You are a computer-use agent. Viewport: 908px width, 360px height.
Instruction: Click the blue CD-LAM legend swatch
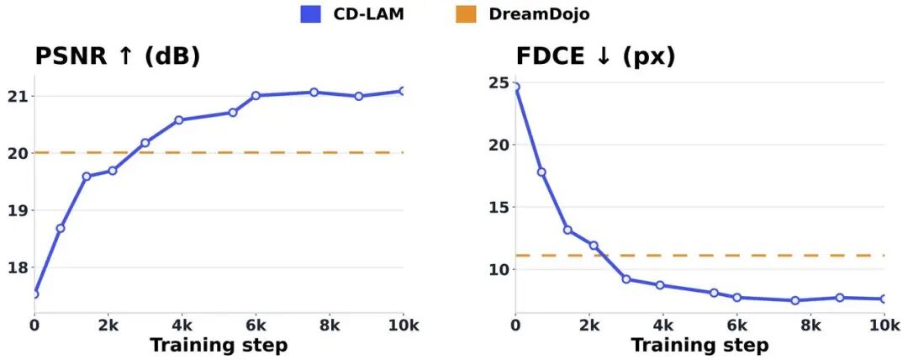[310, 14]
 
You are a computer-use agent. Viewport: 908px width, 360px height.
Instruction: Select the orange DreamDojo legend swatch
[466, 14]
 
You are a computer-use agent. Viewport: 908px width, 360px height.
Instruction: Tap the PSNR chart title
[117, 56]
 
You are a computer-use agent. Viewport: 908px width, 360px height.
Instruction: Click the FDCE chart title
[595, 56]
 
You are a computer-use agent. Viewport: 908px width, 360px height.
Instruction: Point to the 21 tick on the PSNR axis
[18, 96]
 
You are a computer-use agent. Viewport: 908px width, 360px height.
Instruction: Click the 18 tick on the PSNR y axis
[18, 267]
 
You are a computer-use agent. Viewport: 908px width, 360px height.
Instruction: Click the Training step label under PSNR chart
[219, 346]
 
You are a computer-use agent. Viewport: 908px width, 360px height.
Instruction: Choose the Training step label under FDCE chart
[699, 346]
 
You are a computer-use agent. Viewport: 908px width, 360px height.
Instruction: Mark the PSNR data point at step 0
[34, 294]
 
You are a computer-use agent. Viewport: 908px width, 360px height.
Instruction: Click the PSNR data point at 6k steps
[256, 96]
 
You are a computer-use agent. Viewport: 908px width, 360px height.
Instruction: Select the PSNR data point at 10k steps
[402, 91]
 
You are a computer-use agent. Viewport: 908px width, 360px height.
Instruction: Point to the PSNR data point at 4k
[178, 120]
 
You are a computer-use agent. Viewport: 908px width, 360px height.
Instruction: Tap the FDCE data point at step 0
[515, 87]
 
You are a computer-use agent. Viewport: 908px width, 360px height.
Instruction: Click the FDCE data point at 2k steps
[594, 246]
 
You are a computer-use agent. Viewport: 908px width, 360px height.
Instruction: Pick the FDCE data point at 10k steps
[884, 299]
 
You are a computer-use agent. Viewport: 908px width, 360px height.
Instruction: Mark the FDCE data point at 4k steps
[660, 285]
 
